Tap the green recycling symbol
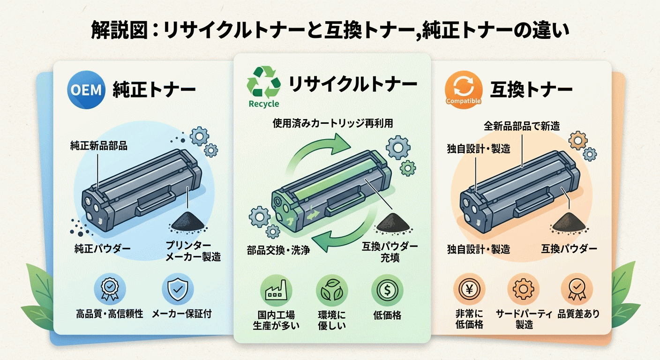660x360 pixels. (x=263, y=82)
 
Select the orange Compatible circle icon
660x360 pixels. (x=464, y=87)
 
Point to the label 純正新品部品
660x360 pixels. (x=99, y=146)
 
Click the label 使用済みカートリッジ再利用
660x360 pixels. (x=333, y=123)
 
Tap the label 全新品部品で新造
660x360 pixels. (x=522, y=126)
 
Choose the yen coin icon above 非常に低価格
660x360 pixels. (x=469, y=290)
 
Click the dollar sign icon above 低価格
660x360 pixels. (x=387, y=290)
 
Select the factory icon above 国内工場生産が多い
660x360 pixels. (x=276, y=290)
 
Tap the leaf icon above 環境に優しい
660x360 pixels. (x=332, y=290)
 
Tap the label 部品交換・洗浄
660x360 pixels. (x=278, y=249)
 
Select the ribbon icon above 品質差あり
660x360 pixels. (x=577, y=290)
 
